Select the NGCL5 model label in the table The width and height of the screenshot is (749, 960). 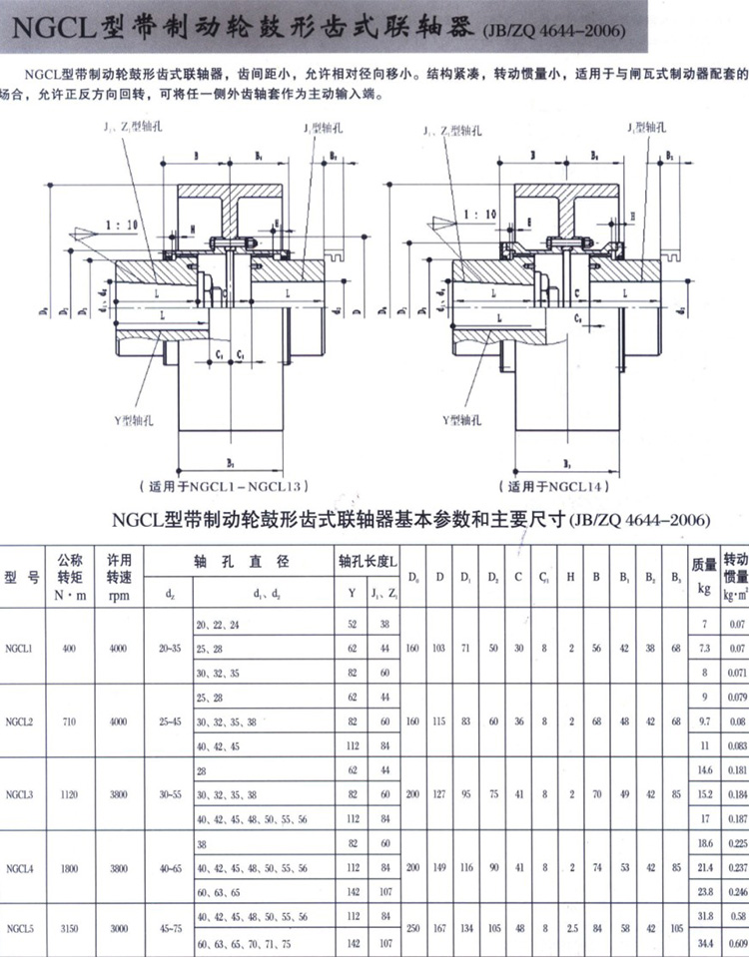(x=20, y=928)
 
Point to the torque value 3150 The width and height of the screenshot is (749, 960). (x=68, y=928)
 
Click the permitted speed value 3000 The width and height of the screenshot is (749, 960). (x=119, y=928)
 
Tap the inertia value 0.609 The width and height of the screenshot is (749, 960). (x=735, y=942)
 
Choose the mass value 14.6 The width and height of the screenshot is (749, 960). (x=704, y=770)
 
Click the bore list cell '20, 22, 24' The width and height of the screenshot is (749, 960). (x=221, y=624)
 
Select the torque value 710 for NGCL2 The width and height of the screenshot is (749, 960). (x=68, y=720)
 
